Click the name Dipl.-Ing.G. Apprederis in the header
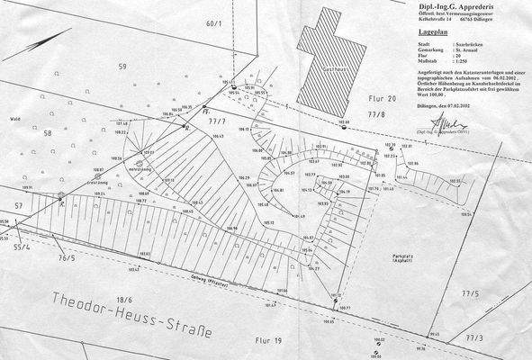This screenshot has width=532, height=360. coord(433,5)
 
